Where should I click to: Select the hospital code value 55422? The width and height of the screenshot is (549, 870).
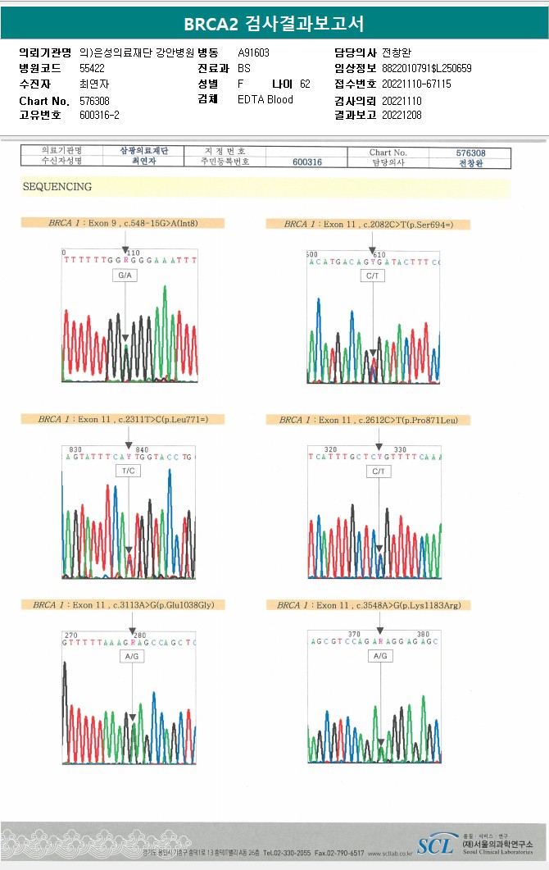(x=92, y=69)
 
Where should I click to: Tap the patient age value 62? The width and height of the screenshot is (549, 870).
(x=305, y=84)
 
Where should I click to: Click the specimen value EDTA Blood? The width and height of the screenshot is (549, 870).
(x=265, y=100)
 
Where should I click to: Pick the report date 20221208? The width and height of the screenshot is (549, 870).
(x=402, y=116)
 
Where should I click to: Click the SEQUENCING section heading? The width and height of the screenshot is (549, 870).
(x=57, y=187)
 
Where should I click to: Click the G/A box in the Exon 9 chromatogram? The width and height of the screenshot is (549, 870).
(x=125, y=276)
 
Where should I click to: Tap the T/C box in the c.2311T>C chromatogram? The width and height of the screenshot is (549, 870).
(x=129, y=471)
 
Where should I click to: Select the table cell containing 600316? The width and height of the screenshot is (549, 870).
(x=306, y=162)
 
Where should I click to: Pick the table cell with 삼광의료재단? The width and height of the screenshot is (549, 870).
(x=144, y=152)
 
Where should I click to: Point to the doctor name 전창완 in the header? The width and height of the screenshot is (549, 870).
(x=398, y=52)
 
